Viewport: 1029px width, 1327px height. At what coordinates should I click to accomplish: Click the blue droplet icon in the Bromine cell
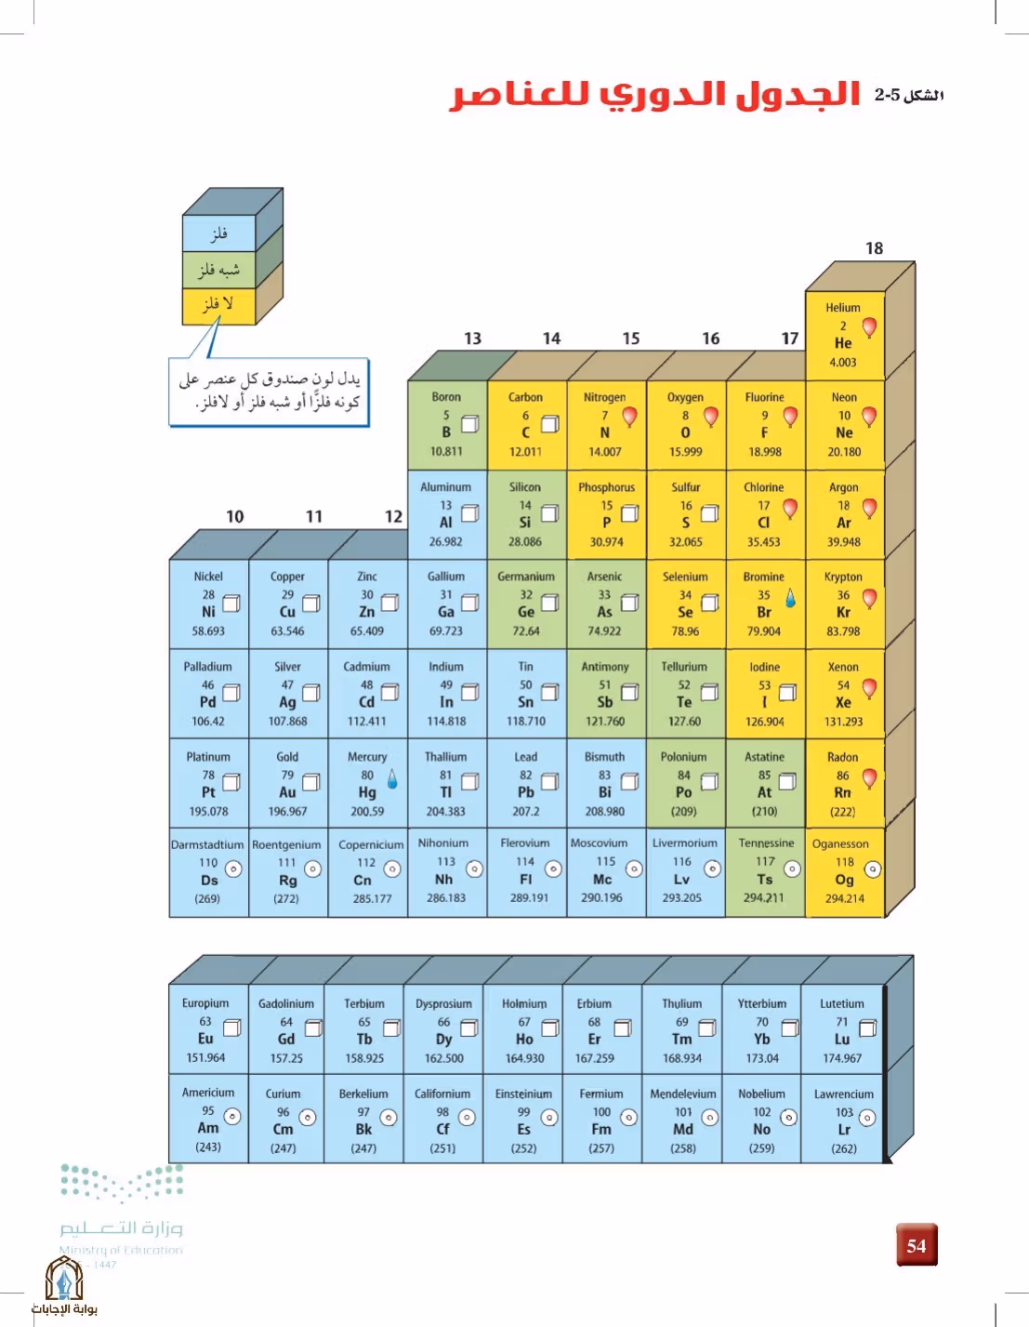click(x=790, y=598)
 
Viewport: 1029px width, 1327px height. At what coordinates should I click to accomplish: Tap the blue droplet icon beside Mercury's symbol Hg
click(x=392, y=778)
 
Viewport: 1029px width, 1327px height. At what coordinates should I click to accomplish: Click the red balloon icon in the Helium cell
click(x=870, y=327)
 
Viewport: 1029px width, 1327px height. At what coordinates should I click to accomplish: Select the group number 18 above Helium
click(x=874, y=248)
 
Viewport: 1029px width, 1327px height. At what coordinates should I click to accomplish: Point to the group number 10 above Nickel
click(x=235, y=517)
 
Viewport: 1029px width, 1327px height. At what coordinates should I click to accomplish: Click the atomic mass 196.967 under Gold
click(x=287, y=811)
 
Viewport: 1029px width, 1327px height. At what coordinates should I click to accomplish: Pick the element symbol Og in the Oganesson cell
click(x=844, y=880)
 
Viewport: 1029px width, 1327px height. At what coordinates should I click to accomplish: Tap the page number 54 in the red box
click(x=917, y=1245)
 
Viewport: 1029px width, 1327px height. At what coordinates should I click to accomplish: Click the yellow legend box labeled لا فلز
click(x=218, y=306)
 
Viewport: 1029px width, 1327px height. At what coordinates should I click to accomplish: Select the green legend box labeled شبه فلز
click(x=218, y=270)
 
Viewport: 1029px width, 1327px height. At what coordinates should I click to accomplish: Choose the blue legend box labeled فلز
click(x=218, y=233)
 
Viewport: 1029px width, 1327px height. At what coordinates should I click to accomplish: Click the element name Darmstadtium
click(x=207, y=844)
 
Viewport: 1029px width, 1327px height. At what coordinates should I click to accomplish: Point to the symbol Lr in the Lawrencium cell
click(x=844, y=1129)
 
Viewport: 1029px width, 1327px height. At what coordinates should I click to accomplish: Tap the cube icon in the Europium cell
click(x=232, y=1028)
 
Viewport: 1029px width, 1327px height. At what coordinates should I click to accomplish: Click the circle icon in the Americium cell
click(x=232, y=1116)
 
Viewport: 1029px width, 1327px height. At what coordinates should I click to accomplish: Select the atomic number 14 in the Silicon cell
click(x=525, y=505)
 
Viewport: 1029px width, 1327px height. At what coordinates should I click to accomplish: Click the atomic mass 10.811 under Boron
click(x=446, y=451)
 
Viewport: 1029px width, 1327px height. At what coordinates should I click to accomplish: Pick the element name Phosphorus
click(x=607, y=487)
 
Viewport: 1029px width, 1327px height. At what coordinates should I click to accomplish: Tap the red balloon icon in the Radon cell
click(x=870, y=778)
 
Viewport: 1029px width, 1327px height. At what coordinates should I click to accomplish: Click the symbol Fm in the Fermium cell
click(x=601, y=1129)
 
